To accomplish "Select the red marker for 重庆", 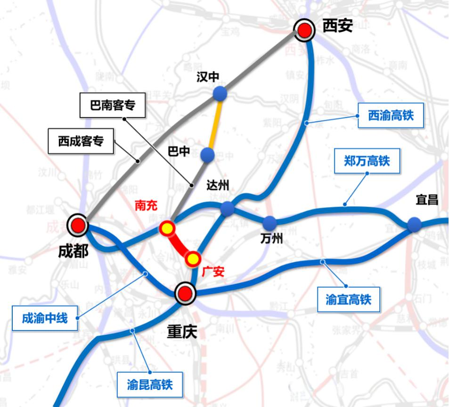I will pyautogui.click(x=185, y=293).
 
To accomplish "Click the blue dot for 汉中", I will pyautogui.click(x=220, y=93).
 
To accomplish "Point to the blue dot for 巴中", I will pyautogui.click(x=207, y=155).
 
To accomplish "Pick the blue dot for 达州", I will pyautogui.click(x=227, y=208).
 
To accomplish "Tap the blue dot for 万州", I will pyautogui.click(x=270, y=223).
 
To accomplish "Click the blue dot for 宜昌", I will pyautogui.click(x=414, y=224).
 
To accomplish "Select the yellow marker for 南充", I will pyautogui.click(x=167, y=229).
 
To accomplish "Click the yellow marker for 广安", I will pyautogui.click(x=192, y=258).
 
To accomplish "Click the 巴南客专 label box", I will pyautogui.click(x=113, y=105).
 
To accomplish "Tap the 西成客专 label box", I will pyautogui.click(x=81, y=141).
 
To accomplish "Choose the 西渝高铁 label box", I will pyautogui.click(x=391, y=115).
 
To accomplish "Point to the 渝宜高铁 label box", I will pyautogui.click(x=349, y=299).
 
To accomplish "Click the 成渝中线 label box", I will pyautogui.click(x=45, y=318).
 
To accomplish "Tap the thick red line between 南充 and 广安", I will pyautogui.click(x=180, y=244).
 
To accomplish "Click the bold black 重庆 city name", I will pyautogui.click(x=182, y=332).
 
